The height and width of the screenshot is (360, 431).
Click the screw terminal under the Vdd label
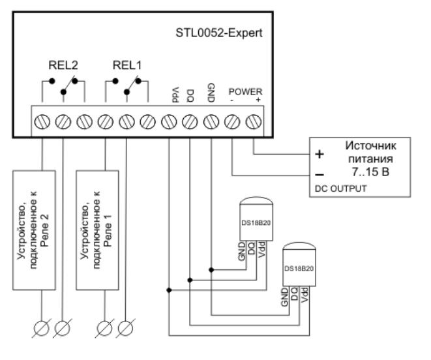[168, 121]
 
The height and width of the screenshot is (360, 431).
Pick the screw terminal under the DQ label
[190, 121]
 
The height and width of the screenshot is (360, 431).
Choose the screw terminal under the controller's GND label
[211, 121]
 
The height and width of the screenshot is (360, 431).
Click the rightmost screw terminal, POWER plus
[254, 121]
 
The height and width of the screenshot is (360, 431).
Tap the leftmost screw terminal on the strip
[41, 121]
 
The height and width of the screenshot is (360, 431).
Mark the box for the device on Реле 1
[104, 230]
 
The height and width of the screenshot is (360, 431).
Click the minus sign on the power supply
[318, 174]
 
